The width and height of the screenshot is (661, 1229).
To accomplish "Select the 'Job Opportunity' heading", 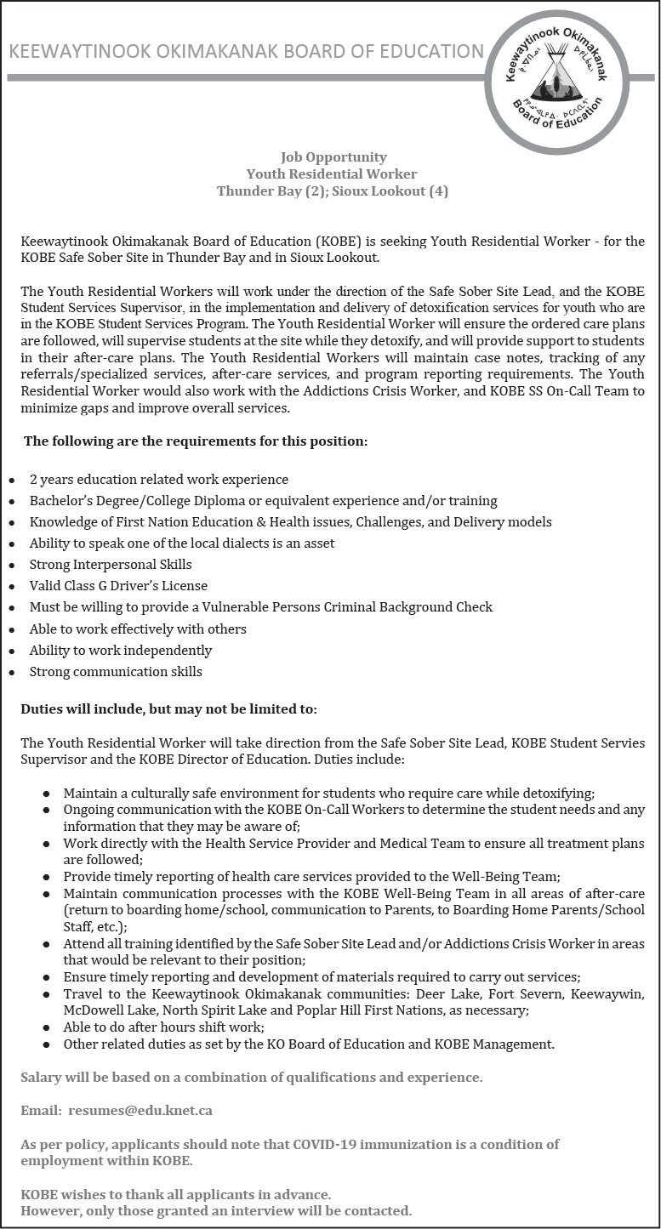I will coord(333,156).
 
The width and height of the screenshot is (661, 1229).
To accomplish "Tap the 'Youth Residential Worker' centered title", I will coord(332,174).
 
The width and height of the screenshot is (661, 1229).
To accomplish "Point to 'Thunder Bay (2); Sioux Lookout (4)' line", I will coord(332,191).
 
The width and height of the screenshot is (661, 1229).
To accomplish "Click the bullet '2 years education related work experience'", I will coord(159,480).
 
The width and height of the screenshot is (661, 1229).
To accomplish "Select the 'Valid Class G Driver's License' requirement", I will coord(118,586).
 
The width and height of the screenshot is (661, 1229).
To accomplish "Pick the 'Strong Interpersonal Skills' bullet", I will coord(111,565).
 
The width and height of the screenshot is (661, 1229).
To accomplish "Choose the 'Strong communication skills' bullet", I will coord(116,672).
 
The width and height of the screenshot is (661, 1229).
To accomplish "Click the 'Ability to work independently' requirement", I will coord(121,651).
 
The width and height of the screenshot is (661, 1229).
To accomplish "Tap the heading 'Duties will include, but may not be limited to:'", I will coord(168,708).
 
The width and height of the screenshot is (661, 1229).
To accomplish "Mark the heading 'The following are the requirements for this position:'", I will coord(196,441).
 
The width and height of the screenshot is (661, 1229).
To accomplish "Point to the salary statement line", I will coord(252,1077).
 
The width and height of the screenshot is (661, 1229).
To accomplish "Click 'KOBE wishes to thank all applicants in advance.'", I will coord(176,1195).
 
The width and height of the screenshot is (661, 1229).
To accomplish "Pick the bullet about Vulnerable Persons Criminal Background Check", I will coord(261,607).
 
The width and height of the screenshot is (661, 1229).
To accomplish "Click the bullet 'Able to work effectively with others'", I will coord(138,629).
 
